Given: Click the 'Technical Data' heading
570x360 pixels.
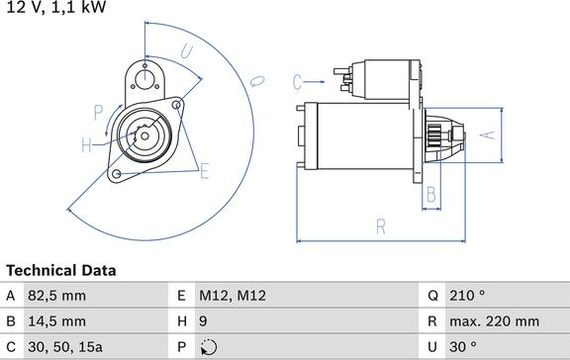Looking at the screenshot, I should [x=61, y=270].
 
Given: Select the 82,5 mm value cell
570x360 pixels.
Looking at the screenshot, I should [x=58, y=296].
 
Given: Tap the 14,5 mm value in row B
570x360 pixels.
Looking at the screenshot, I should [x=58, y=321].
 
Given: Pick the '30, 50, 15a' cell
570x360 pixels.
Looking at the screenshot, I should [x=65, y=347].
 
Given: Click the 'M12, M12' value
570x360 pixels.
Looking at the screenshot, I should [x=233, y=296].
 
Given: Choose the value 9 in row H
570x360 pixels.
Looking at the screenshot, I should [x=204, y=321].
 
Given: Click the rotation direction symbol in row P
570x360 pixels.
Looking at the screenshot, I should [x=208, y=347].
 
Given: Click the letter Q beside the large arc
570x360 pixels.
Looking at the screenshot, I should [x=255, y=80].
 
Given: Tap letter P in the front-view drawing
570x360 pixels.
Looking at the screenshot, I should [x=98, y=111].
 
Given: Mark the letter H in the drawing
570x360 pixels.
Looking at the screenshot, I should [x=86, y=145].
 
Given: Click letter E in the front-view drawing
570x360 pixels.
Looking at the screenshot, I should [x=205, y=172].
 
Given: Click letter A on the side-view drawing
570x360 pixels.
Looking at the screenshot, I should [x=485, y=135].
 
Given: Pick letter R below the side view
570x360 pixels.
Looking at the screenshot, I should [x=380, y=227].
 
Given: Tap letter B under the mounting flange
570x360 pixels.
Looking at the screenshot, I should [x=430, y=195].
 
